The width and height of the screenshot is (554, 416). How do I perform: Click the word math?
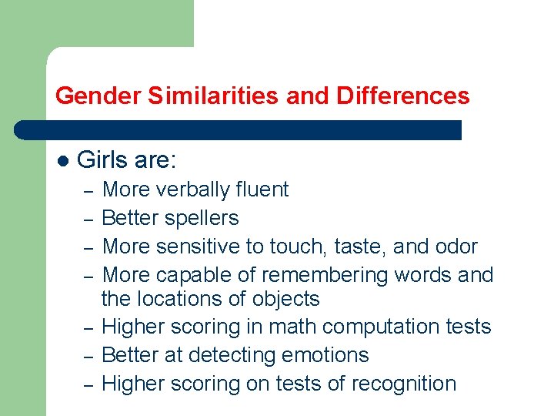[x=296, y=327]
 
